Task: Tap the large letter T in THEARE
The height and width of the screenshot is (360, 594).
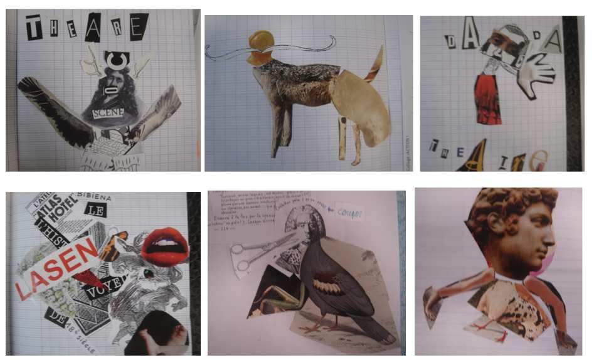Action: [x=33, y=28]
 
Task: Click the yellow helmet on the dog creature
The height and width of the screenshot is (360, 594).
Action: [x=260, y=43]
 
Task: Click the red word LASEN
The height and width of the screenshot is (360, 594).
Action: [x=57, y=268]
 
